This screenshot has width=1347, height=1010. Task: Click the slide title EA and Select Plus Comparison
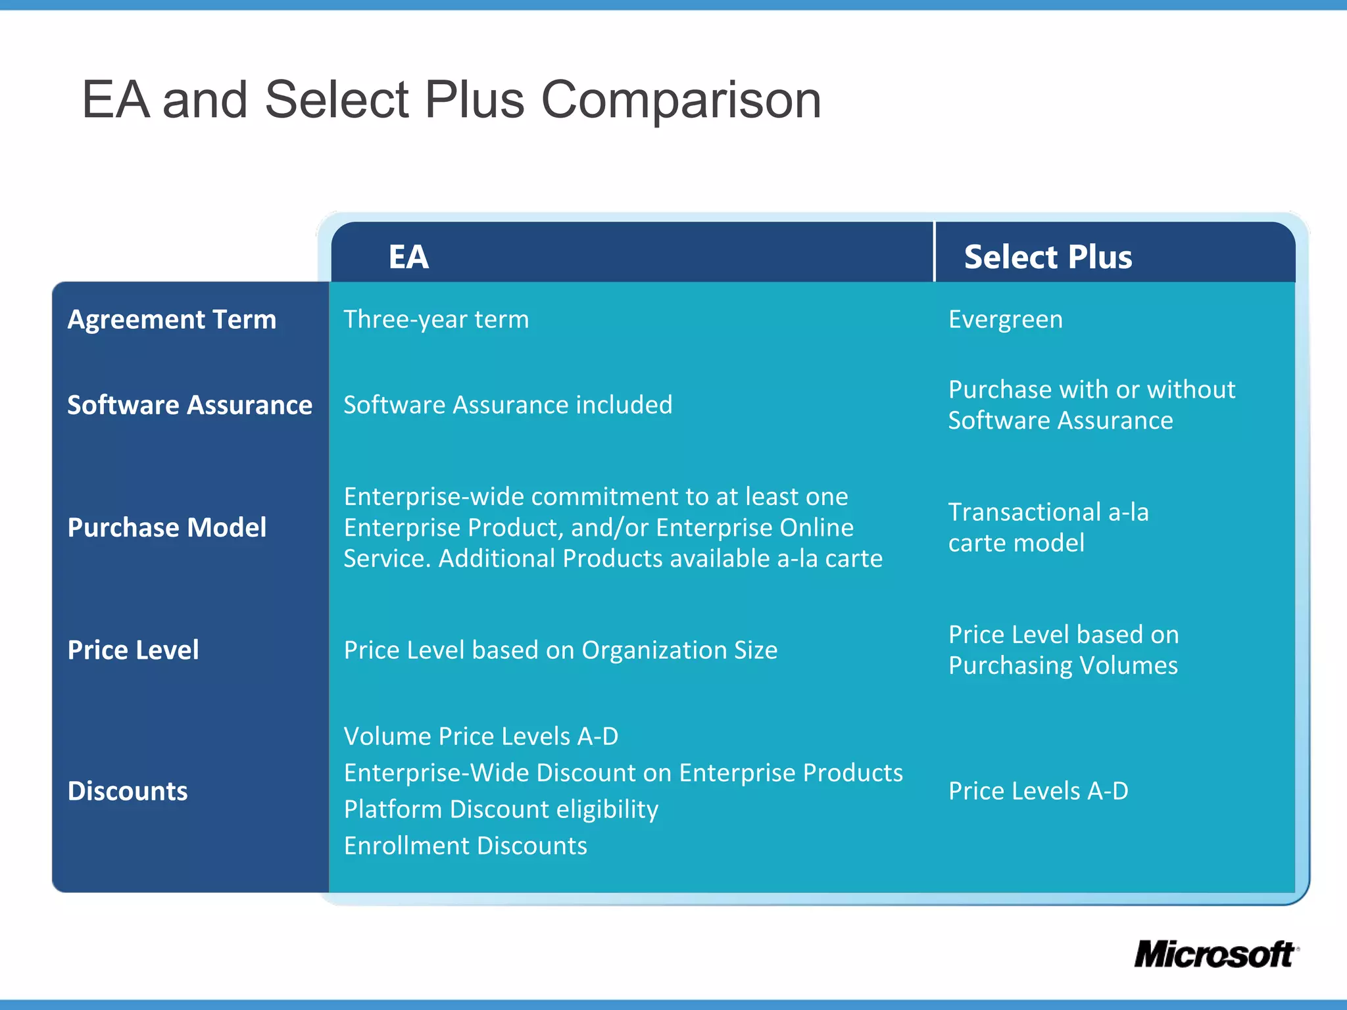tap(451, 100)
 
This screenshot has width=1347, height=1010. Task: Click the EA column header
tap(408, 256)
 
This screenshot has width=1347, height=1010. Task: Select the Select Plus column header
tap(1048, 256)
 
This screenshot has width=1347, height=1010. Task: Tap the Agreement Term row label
tap(172, 320)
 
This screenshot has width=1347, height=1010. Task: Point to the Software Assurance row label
tap(189, 405)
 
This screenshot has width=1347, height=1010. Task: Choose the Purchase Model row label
tap(167, 527)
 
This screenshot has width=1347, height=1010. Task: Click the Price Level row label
tap(133, 650)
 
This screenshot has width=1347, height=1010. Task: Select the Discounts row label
tap(128, 791)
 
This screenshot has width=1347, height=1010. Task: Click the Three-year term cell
tap(436, 320)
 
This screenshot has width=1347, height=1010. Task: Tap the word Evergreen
tap(1005, 320)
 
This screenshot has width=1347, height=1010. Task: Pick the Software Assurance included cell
tap(508, 405)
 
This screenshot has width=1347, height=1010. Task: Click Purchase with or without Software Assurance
tap(1091, 405)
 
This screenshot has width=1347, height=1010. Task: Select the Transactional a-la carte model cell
tap(1048, 527)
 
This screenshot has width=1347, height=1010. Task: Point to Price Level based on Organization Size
tap(560, 650)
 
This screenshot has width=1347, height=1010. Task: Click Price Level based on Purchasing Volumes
tap(1063, 650)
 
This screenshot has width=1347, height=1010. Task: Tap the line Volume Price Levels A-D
tap(481, 736)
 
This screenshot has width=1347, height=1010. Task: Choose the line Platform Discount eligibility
tap(501, 809)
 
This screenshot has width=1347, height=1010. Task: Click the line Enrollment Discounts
tap(465, 846)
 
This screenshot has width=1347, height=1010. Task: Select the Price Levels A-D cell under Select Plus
tap(1038, 791)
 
